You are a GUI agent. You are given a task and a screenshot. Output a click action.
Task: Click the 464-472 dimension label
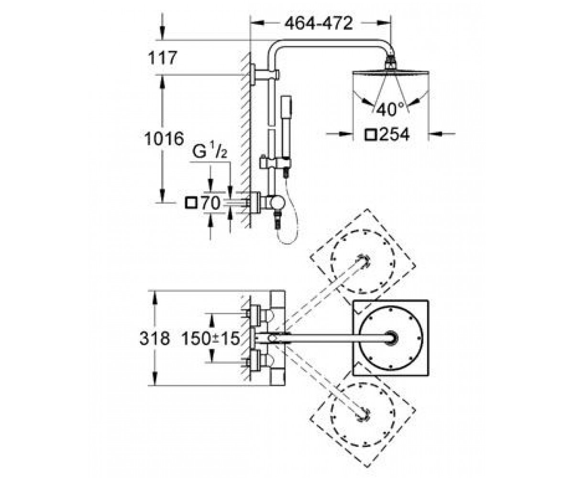(319, 23)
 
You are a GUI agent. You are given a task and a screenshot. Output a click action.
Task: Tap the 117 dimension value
(162, 58)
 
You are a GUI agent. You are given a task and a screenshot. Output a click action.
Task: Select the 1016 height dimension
(164, 139)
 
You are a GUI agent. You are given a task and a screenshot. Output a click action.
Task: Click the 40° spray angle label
(390, 109)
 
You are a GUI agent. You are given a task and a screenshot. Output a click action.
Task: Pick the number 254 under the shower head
(395, 135)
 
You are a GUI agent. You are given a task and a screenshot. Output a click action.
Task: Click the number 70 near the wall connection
(211, 203)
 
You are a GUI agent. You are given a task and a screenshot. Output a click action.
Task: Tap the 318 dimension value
(155, 338)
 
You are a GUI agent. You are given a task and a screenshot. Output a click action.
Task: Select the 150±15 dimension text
(211, 338)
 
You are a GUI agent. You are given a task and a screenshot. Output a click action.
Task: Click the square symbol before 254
(371, 135)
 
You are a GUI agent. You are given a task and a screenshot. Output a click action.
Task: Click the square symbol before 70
(191, 204)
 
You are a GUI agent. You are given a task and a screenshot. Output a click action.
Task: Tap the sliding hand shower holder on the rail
(275, 163)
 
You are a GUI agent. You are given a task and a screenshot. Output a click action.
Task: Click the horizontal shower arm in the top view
(332, 338)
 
